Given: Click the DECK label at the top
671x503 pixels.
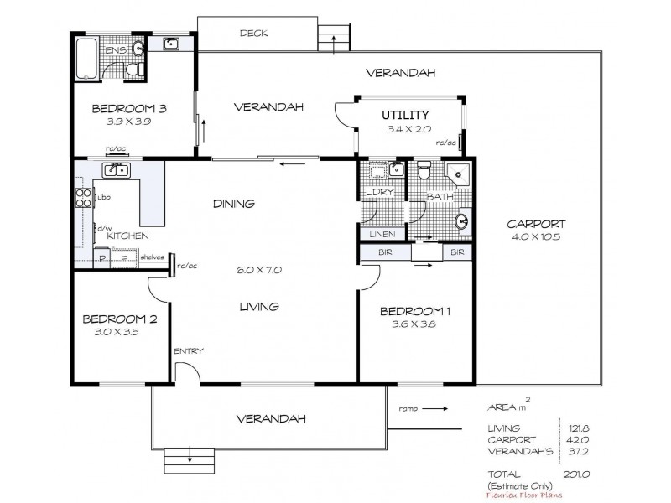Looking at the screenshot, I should coord(253,34).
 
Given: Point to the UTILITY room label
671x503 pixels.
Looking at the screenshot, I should coord(406,115).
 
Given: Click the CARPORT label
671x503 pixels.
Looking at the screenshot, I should coord(537,224).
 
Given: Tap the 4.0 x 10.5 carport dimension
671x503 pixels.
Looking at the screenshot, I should coord(537,238).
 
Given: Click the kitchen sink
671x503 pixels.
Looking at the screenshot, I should coord(115,171).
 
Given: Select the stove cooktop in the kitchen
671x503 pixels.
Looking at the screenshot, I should coord(84,199).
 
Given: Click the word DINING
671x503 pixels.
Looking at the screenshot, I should coord(233,204).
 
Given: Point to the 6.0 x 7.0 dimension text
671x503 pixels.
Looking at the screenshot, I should coord(260,270).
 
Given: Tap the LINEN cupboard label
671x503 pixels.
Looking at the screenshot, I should coord(382,234).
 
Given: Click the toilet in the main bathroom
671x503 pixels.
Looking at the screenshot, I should coord(425,173).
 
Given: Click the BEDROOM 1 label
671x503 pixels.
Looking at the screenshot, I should coord(416,312).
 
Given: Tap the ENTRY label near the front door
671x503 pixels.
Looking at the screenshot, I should coord(189,351).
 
